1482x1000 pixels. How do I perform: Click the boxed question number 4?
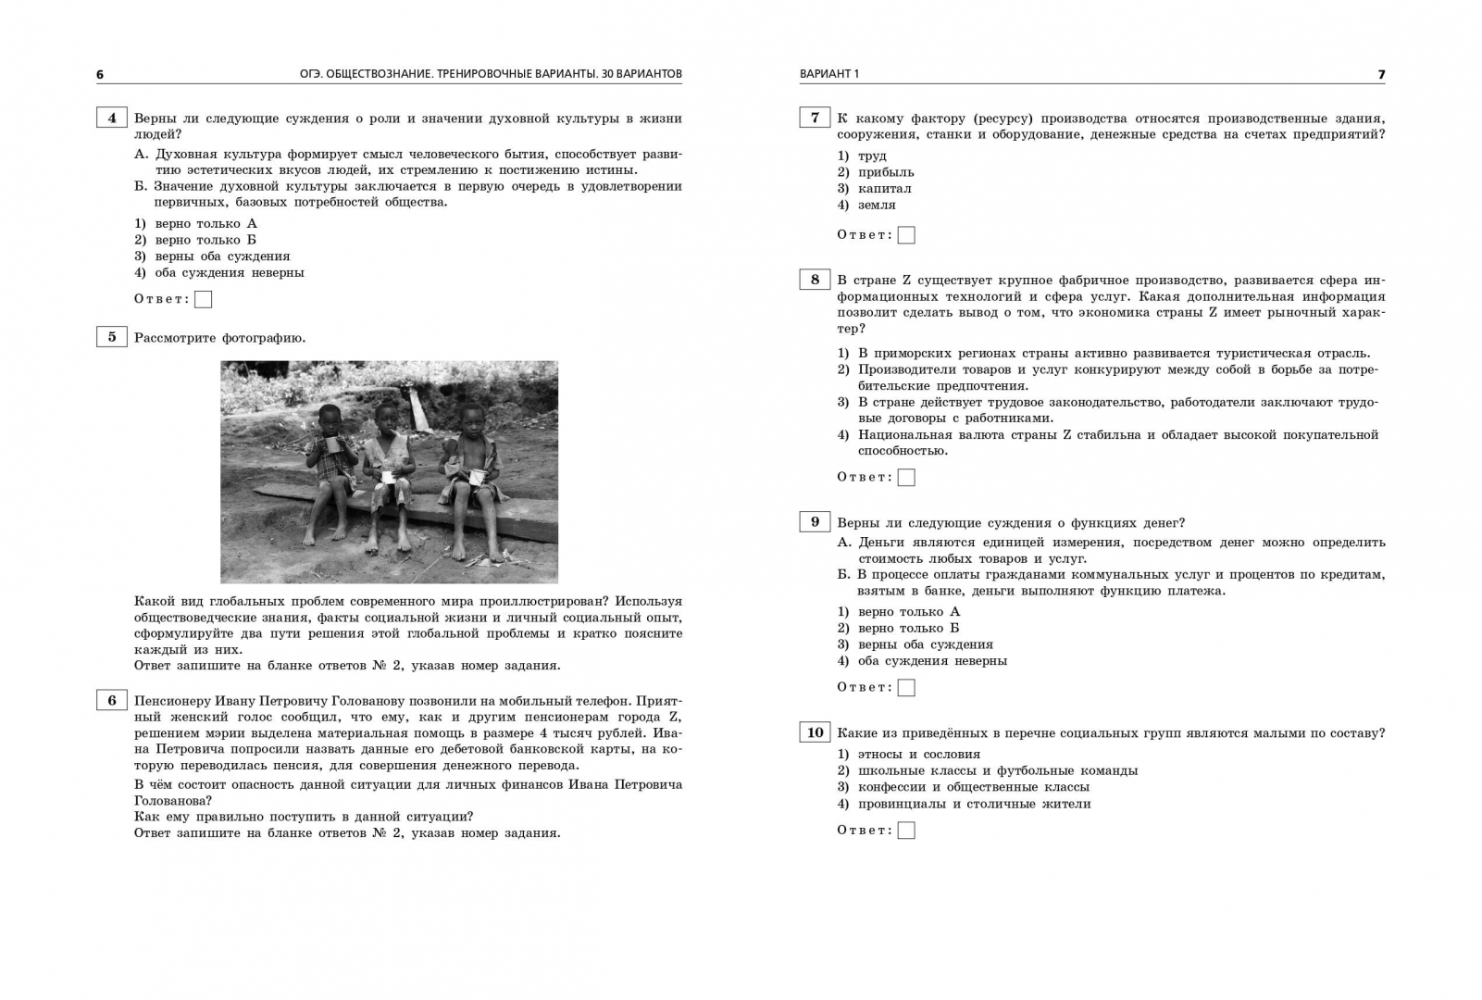112,118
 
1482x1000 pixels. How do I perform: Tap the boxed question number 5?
112,337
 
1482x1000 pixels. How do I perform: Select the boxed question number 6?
112,700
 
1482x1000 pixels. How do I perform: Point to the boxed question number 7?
815,118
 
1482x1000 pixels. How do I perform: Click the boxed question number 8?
815,280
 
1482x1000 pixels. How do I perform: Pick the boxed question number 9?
815,522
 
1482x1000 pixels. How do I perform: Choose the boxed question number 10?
815,732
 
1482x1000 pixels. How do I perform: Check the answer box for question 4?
204,299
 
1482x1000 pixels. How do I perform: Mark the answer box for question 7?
906,235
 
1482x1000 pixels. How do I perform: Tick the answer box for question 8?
906,478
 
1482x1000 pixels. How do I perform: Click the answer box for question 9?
906,688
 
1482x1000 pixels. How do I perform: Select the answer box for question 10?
906,831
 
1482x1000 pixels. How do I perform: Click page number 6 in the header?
100,75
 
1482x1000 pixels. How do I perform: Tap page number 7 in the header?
1381,75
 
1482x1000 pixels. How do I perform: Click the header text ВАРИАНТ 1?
829,74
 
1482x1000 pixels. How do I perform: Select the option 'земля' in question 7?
877,206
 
